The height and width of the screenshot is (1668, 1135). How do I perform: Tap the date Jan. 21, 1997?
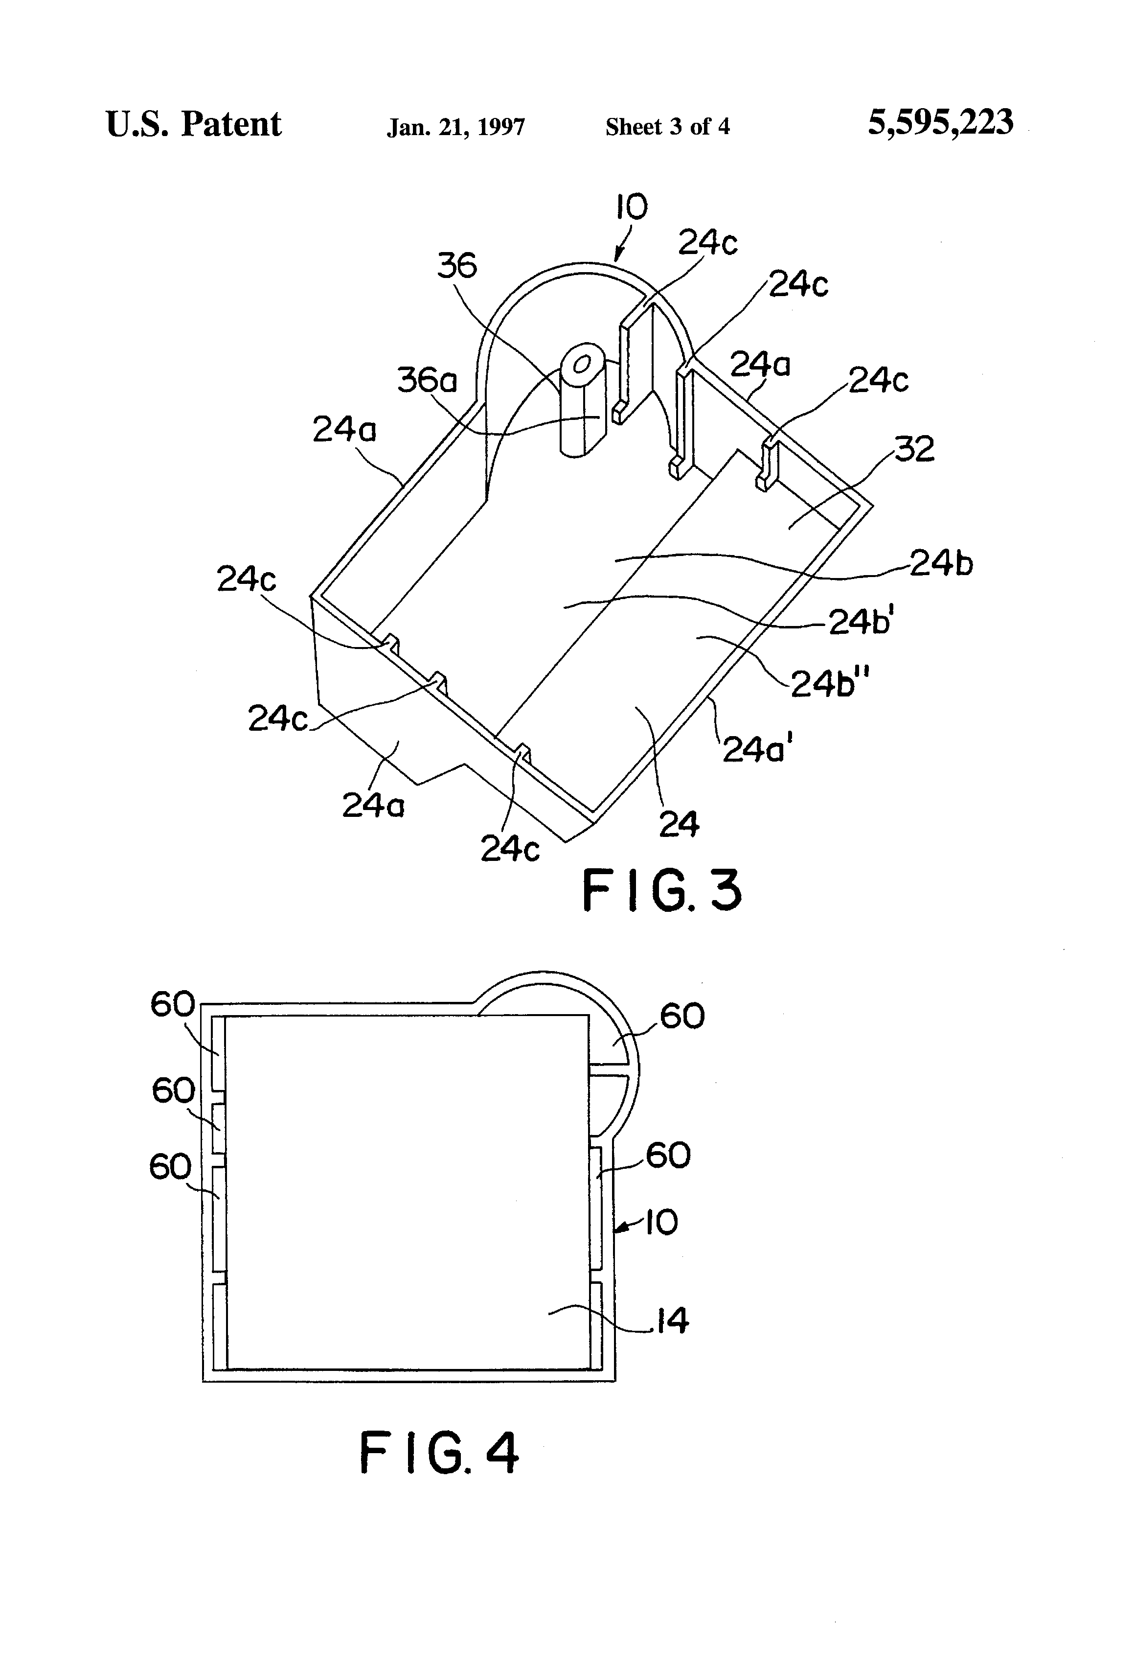point(455,127)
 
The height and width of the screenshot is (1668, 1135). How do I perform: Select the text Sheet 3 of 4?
point(667,127)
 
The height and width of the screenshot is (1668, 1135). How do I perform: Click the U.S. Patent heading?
point(194,124)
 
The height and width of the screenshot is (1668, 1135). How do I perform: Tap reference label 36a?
point(427,380)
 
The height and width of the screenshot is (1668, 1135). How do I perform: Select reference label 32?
point(914,449)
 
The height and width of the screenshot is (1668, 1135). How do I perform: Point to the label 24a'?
point(758,749)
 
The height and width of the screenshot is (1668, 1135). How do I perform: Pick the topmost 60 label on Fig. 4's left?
point(172,1004)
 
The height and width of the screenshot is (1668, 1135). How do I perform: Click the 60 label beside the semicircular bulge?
point(681,1016)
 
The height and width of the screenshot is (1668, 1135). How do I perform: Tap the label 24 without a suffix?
point(679,825)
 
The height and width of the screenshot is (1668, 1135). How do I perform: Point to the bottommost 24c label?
point(509,849)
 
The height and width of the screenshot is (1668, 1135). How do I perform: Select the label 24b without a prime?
point(941,563)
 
